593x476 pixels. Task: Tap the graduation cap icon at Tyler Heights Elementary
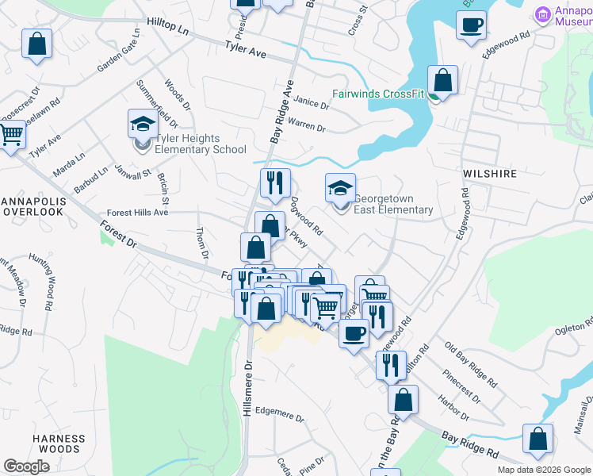coord(143,125)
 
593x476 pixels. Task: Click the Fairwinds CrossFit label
coord(378,94)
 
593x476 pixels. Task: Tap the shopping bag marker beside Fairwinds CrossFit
coord(443,80)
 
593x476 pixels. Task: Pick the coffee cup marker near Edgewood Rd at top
coord(472,25)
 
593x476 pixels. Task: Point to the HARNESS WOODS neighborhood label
coord(59,443)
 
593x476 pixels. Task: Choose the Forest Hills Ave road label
coord(138,213)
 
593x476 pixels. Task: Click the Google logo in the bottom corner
coord(26,466)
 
